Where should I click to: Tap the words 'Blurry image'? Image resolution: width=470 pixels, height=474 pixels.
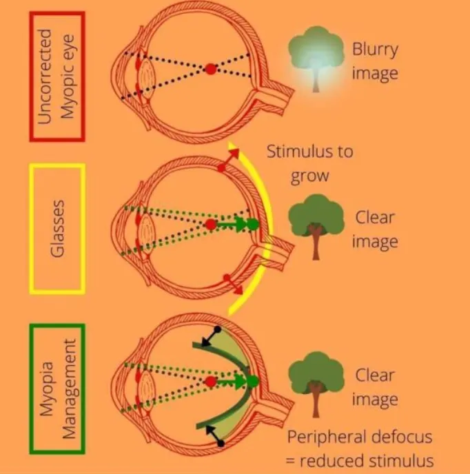[375, 61]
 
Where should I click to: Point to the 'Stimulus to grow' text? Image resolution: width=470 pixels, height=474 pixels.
[309, 163]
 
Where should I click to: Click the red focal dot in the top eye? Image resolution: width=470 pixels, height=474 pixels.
[210, 69]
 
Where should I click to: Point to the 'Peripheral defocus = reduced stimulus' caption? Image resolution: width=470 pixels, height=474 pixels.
[360, 449]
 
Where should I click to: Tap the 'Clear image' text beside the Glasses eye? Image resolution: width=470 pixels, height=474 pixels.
[376, 229]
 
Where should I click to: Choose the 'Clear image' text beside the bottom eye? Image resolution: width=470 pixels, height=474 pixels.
[376, 387]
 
